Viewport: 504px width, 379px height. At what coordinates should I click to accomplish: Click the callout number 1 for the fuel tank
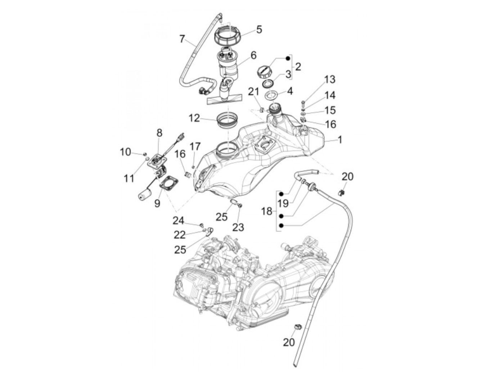pos(339,139)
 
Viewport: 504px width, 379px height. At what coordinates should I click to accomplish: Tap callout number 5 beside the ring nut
pos(259,30)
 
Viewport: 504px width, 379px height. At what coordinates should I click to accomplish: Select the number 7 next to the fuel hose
pos(182,39)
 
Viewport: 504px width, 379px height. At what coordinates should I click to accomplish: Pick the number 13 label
pos(329,79)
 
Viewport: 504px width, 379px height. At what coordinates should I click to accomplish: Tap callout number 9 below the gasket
pos(157,203)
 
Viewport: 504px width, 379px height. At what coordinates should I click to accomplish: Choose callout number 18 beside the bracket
pos(267,211)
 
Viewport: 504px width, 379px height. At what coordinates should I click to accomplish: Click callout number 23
pos(238,227)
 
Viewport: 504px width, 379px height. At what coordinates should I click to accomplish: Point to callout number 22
pos(180,235)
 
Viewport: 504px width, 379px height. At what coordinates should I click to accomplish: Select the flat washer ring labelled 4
pos(273,96)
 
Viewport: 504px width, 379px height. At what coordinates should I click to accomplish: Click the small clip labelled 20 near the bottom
pos(298,327)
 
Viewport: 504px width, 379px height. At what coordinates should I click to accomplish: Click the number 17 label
pos(195,147)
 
